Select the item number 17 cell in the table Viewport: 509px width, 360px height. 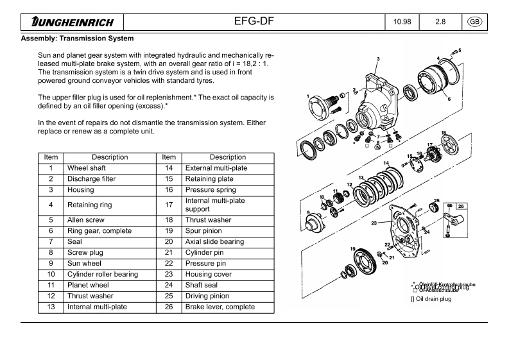(169, 205)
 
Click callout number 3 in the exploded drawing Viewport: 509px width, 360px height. (378, 59)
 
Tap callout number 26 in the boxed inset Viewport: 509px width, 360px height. (462, 206)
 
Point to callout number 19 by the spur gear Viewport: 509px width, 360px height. (352, 248)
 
